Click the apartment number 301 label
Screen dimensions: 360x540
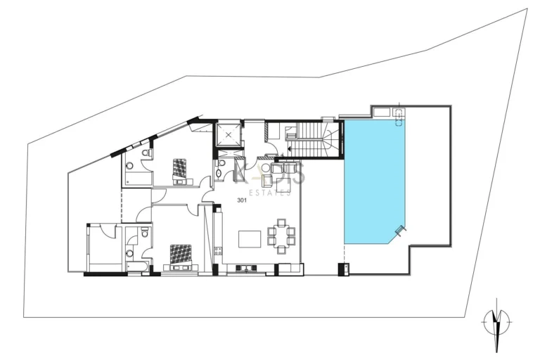tap(242, 200)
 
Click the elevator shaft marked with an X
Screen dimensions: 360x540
tap(229, 134)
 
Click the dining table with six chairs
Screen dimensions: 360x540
tap(281, 236)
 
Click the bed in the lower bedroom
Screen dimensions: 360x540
tap(180, 255)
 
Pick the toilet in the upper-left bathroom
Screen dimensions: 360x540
tap(146, 153)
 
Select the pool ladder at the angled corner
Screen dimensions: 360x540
tap(400, 231)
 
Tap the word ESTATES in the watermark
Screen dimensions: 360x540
tap(271, 192)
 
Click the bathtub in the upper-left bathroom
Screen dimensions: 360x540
tap(138, 180)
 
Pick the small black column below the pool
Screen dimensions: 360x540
tap(343, 269)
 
